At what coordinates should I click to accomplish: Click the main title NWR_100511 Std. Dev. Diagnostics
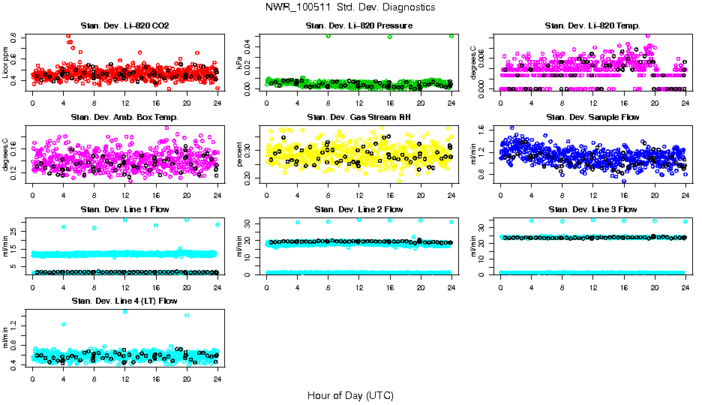350,7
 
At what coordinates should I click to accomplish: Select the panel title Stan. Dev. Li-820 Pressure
358,26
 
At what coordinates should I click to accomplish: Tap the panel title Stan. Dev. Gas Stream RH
358,118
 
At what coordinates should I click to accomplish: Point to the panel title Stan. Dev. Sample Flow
592,118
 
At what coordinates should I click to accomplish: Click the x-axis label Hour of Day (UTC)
350,395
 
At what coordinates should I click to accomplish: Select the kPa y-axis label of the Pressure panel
240,64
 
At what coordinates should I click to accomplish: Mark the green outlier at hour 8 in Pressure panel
328,36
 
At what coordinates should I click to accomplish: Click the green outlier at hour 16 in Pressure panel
390,37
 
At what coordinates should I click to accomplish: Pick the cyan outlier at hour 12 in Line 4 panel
125,312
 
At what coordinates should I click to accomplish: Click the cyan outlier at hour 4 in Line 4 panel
64,325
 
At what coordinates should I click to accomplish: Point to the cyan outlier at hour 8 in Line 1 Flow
94,228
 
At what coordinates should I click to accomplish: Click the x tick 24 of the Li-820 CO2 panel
217,103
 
